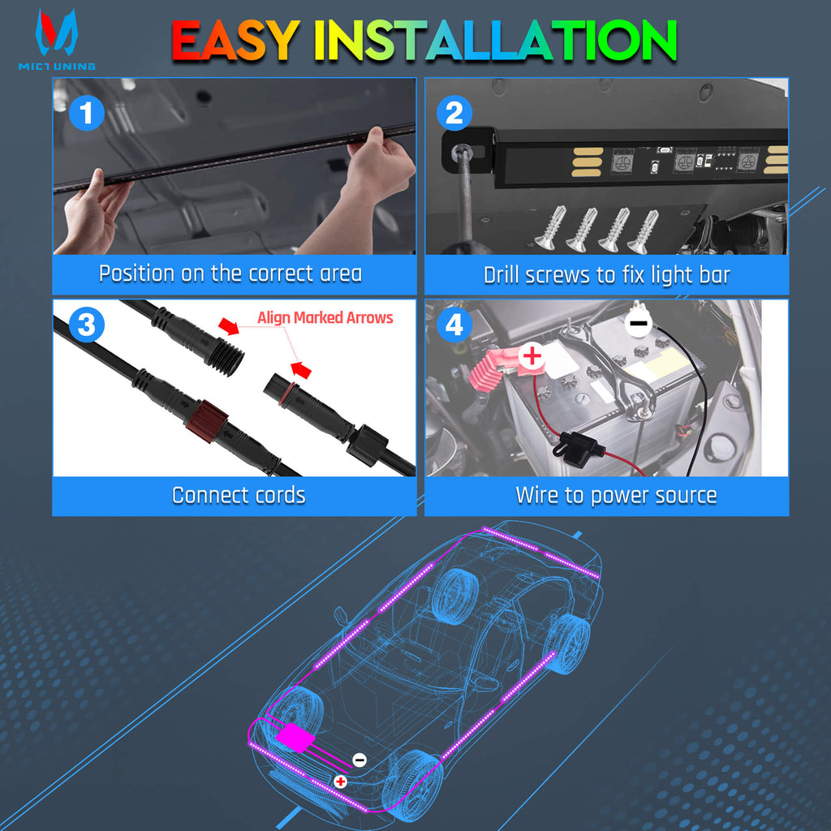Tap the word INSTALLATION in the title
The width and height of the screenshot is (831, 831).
pyautogui.click(x=495, y=41)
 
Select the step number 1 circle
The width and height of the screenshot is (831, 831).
pyautogui.click(x=87, y=113)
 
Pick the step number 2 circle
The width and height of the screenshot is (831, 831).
pyautogui.click(x=454, y=113)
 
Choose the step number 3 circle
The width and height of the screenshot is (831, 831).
pyautogui.click(x=87, y=325)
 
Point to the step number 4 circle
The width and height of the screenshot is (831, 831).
pyautogui.click(x=454, y=325)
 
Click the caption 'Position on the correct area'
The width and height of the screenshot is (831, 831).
pyautogui.click(x=230, y=273)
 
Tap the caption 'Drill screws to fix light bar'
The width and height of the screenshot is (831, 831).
pyautogui.click(x=606, y=275)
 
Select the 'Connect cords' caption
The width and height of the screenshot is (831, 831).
pyautogui.click(x=239, y=495)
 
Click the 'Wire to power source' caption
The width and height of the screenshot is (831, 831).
pyautogui.click(x=616, y=495)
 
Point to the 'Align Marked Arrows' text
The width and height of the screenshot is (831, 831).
pyautogui.click(x=325, y=317)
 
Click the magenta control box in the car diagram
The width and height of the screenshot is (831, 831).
pyautogui.click(x=293, y=738)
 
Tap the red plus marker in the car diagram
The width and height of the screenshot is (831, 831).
pyautogui.click(x=341, y=781)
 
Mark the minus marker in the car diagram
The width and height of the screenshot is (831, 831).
pyautogui.click(x=360, y=760)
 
